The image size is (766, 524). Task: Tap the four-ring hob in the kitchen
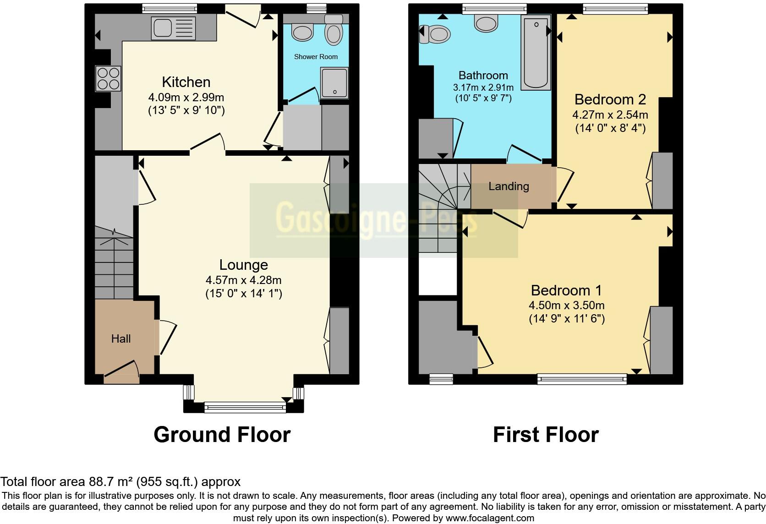pos(109,78)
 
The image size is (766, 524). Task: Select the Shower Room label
pos(316,57)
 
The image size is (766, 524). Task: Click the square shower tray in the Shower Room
pos(334,83)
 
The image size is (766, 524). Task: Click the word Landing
pos(509,186)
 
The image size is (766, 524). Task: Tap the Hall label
pos(121,338)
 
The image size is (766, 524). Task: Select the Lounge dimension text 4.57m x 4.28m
pos(243,280)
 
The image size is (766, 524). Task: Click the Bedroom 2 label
pos(610,99)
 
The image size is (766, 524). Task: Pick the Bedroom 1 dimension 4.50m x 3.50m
pos(566,305)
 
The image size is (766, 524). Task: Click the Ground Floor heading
pos(222,434)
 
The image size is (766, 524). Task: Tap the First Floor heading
pos(546,434)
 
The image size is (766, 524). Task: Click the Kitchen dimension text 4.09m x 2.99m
pos(186,97)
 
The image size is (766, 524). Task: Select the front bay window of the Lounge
pos(245,407)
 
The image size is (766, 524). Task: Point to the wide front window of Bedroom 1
pos(582,378)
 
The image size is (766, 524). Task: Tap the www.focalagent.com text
pos(489,518)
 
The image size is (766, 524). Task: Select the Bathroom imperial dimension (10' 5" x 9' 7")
pos(483,98)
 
